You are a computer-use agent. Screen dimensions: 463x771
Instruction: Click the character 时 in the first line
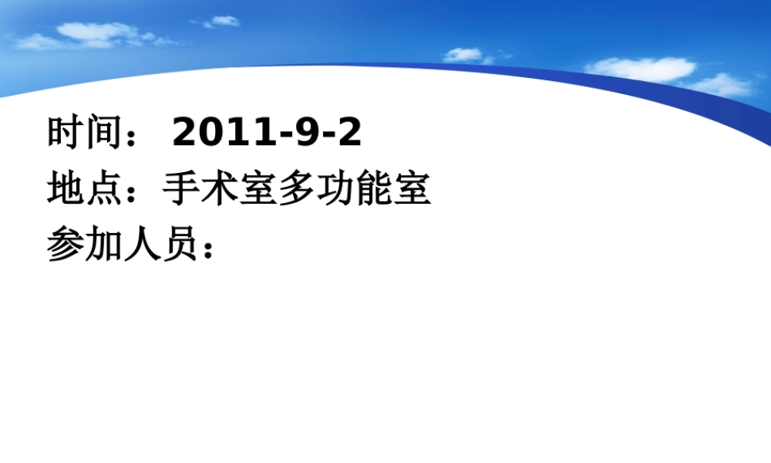coord(66,133)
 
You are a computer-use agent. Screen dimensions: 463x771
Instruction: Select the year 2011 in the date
coord(223,133)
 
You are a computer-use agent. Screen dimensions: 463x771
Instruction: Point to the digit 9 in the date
coord(305,133)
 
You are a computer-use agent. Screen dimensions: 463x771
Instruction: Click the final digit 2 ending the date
coord(349,133)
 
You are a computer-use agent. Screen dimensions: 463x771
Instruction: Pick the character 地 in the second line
coord(66,189)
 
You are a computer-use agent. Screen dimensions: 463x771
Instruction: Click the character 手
coord(181,189)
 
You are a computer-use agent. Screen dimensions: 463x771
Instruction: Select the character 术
coord(220,189)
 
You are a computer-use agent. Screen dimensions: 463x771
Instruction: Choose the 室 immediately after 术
coord(258,189)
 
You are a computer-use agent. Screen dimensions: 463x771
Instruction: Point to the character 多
coord(297,189)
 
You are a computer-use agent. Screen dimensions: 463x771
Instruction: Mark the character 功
coord(335,189)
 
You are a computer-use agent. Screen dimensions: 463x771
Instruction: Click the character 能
coord(374,189)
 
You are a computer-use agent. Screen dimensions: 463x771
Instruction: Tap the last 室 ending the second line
coord(412,189)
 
